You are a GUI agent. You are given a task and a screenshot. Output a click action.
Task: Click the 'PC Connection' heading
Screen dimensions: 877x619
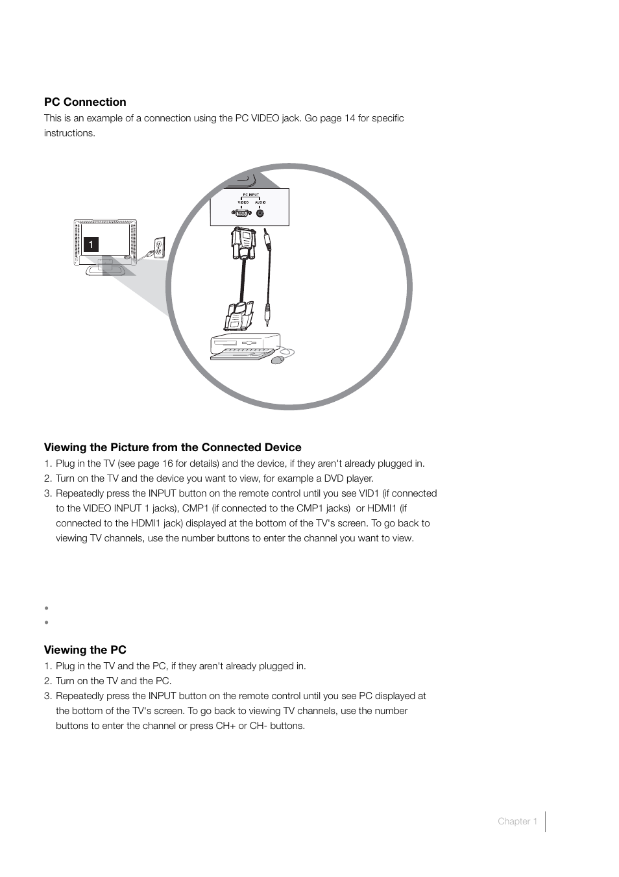(x=85, y=102)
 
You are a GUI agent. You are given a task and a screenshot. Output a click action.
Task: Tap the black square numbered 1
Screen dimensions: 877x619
(x=91, y=245)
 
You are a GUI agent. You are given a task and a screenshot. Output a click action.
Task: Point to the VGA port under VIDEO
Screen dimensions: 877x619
(x=241, y=212)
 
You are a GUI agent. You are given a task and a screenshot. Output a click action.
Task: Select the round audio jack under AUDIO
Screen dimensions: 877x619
(x=260, y=212)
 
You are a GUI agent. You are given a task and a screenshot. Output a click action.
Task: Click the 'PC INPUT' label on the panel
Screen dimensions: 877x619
(x=250, y=195)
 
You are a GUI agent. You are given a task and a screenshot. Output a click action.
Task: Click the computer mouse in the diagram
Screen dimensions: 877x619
(x=278, y=359)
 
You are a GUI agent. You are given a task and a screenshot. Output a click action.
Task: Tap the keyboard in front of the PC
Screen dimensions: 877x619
(x=241, y=353)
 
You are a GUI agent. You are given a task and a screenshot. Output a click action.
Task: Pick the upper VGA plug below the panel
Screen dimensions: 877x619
(x=242, y=243)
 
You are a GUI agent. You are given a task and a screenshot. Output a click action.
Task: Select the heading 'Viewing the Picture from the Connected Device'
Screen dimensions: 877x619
(x=173, y=447)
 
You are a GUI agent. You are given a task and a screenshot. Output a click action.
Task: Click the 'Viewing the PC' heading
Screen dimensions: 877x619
(x=85, y=650)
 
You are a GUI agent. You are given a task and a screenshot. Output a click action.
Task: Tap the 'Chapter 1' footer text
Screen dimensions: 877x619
(x=517, y=821)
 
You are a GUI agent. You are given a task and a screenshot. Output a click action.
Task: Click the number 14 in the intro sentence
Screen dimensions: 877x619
(x=350, y=118)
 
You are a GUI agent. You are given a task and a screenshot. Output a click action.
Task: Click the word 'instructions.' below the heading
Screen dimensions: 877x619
(x=69, y=133)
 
